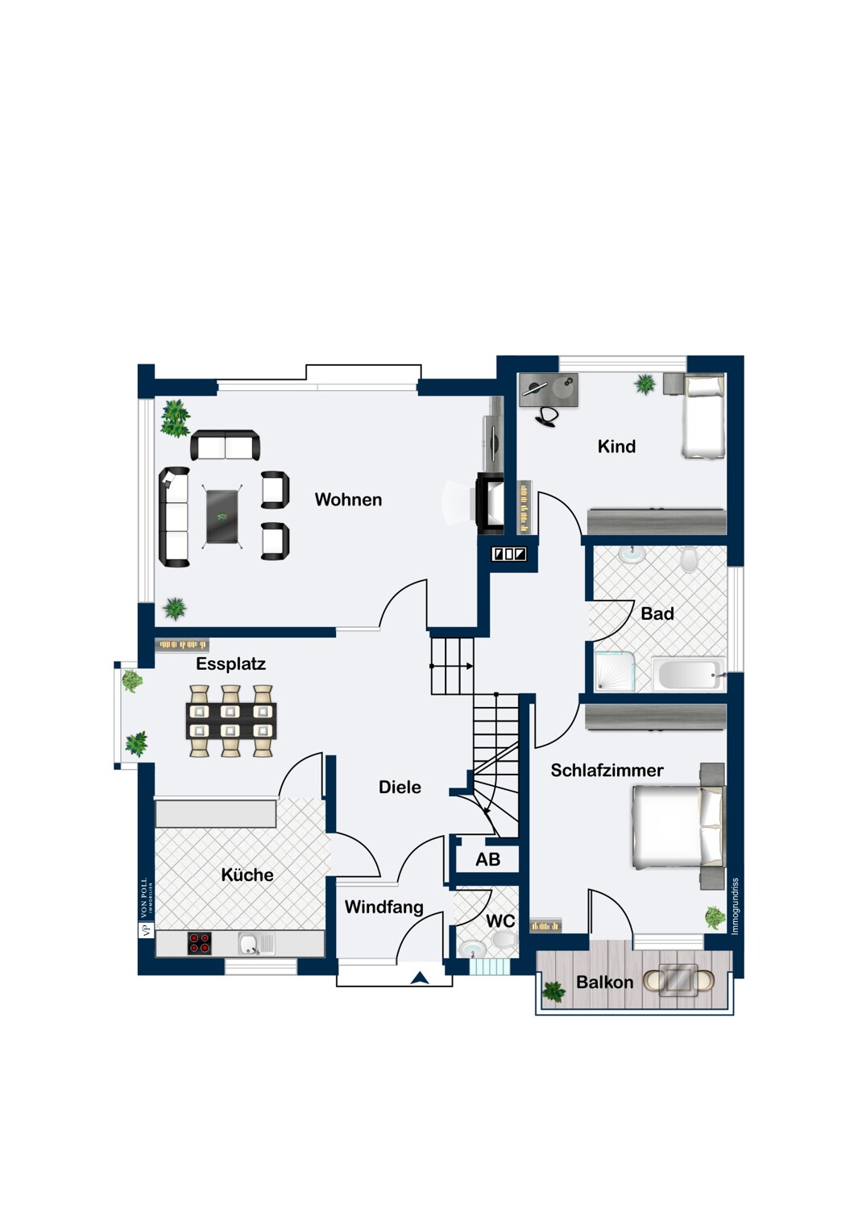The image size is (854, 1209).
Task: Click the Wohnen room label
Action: point(348,500)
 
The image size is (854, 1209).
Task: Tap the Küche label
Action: point(247,875)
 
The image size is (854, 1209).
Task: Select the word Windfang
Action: point(383,908)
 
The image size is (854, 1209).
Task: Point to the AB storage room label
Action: point(487,859)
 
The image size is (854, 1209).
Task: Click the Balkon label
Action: point(604,983)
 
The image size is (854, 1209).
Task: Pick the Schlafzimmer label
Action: point(607,771)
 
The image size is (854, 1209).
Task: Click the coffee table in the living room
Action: point(222,517)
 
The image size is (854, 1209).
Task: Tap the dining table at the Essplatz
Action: point(231,721)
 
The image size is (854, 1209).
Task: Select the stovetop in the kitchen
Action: point(200,944)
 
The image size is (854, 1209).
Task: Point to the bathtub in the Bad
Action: point(688,674)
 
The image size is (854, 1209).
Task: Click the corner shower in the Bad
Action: point(615,671)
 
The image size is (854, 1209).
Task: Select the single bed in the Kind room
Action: point(703,418)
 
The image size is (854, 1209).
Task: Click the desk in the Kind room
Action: point(549,389)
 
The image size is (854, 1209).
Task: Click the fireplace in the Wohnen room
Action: point(489,504)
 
